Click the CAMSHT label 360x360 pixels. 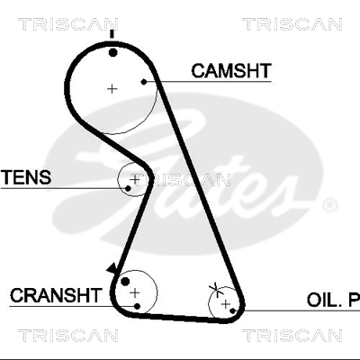tap(231, 71)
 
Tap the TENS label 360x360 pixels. tap(26, 177)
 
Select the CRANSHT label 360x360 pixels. tap(56, 295)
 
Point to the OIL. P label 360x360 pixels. tap(333, 300)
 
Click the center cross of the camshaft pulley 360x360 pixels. tap(112, 89)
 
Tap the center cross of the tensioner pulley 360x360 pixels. tap(135, 179)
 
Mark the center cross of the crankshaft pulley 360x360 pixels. tap(135, 292)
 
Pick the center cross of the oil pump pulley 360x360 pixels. tap(226, 304)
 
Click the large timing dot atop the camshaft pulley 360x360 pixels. tap(112, 53)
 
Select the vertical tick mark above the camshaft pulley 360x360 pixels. tap(112, 34)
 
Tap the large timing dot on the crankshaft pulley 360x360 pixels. tap(125, 282)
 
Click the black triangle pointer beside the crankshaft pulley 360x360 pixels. tap(112, 268)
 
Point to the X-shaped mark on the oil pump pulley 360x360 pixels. tap(215, 289)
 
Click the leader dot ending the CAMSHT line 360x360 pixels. tap(144, 82)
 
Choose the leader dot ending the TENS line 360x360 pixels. tap(128, 188)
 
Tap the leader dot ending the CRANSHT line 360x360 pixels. tap(138, 306)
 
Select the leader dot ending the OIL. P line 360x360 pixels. tap(232, 310)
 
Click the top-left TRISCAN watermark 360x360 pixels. tap(68, 24)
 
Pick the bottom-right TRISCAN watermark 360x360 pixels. tap(292, 336)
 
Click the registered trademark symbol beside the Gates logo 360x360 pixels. tap(329, 205)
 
